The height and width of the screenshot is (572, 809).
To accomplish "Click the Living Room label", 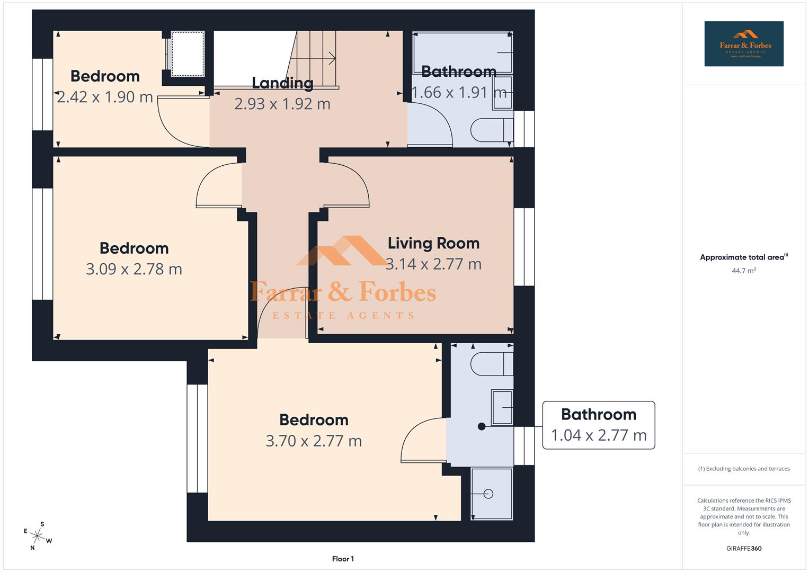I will pos(433,243).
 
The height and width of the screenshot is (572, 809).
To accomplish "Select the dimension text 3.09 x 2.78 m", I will pos(134,269).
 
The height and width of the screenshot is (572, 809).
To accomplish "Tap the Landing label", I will pos(282,83).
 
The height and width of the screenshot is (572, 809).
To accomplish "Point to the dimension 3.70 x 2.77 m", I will pos(314,441).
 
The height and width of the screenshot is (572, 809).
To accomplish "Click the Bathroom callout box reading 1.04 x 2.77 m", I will pos(599,425).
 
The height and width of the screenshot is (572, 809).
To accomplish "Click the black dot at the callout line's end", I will pos(482,426).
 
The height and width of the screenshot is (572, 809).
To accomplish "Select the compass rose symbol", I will pos(38,535).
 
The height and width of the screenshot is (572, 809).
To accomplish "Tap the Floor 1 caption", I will pos(343,559).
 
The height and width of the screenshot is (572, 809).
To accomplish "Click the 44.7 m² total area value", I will pos(743,271).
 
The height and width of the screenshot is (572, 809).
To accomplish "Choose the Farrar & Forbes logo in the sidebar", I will pos(743,43).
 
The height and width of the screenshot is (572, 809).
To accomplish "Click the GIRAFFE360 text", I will pos(743,548).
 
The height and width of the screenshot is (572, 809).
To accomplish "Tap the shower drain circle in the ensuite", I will pos(488,494).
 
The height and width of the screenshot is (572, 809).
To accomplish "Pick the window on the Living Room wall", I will pos(524,247).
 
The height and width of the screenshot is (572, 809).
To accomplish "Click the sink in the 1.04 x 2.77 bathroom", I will pos(502,407).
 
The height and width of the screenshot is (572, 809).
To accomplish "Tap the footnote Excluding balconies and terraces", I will pos(743,469).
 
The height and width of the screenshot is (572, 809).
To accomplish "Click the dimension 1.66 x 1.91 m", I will pos(459,92).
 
